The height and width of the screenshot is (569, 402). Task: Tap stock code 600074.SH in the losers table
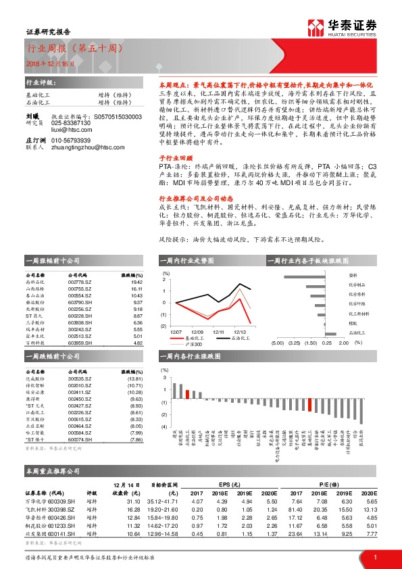coord(80,439)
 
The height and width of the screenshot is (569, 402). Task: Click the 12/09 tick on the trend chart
coord(197,332)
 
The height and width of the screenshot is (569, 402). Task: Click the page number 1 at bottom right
coord(374,557)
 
